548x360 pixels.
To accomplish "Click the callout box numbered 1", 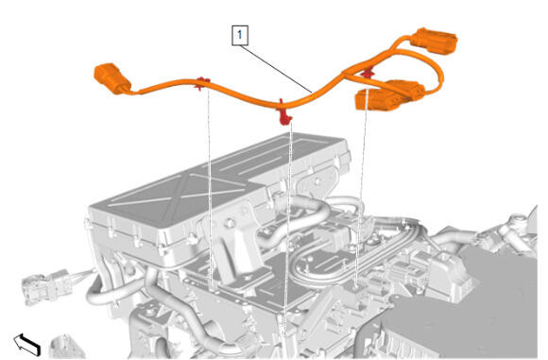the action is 240,35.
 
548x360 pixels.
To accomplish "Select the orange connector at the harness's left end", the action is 112,78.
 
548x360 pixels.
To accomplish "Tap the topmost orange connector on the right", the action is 434,41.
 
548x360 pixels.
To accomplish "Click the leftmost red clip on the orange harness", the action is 202,83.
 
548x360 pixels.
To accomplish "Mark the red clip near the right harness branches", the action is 367,73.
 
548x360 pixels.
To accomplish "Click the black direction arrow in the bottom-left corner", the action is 27,344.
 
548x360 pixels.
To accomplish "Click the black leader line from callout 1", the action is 276,69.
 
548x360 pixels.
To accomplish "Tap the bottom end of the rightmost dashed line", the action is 356,288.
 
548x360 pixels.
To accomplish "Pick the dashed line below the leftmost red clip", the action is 211,189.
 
